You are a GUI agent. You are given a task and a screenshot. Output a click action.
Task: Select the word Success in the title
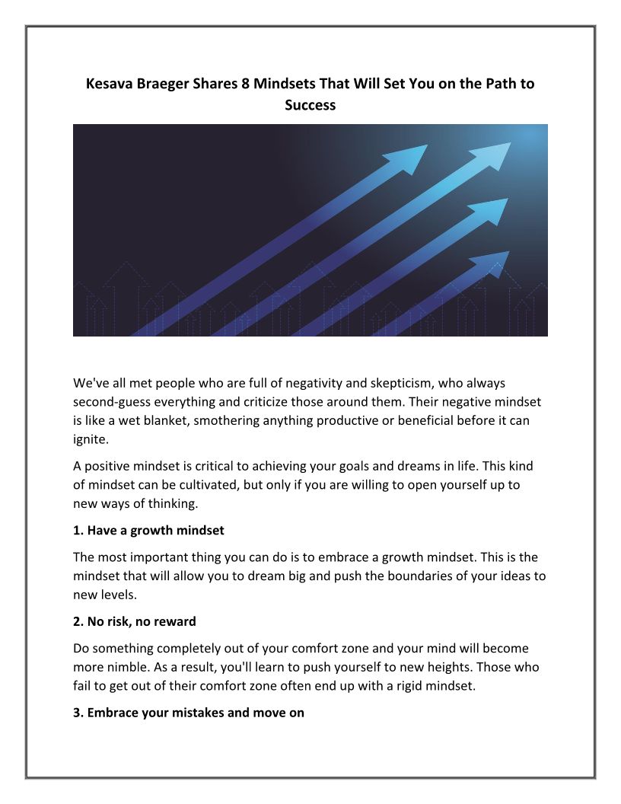pyautogui.click(x=310, y=105)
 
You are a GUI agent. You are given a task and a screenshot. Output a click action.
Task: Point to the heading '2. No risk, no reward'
pyautogui.click(x=135, y=621)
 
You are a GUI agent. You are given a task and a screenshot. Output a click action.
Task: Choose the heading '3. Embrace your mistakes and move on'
pyautogui.click(x=189, y=714)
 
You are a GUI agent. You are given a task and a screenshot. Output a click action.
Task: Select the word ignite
pyautogui.click(x=91, y=438)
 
